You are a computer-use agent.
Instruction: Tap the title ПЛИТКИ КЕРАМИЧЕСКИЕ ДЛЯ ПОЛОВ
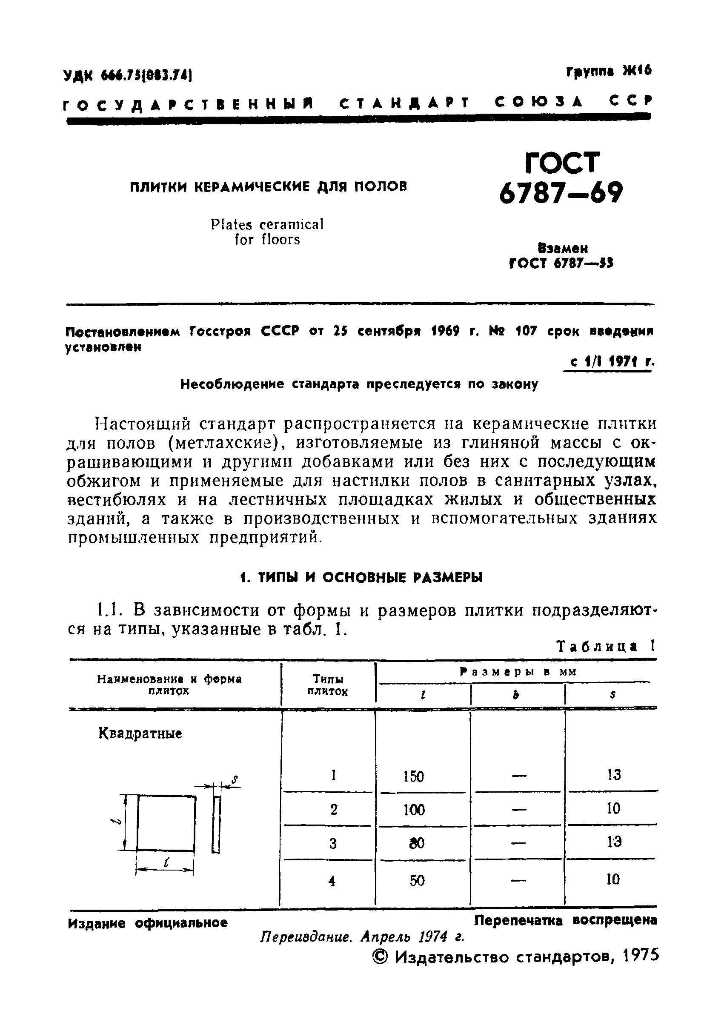click(x=269, y=186)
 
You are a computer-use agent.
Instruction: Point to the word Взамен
click(x=562, y=248)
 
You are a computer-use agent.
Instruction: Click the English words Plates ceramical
click(x=267, y=224)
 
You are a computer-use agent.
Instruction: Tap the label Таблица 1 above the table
click(x=606, y=646)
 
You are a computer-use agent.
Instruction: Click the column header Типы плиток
click(x=328, y=685)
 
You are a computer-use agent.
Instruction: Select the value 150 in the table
click(x=413, y=776)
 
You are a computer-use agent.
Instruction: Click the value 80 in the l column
click(x=417, y=843)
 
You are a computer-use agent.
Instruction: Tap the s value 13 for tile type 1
click(x=613, y=775)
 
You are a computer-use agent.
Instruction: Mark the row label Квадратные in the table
click(x=140, y=734)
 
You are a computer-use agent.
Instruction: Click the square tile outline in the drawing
click(x=166, y=823)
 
